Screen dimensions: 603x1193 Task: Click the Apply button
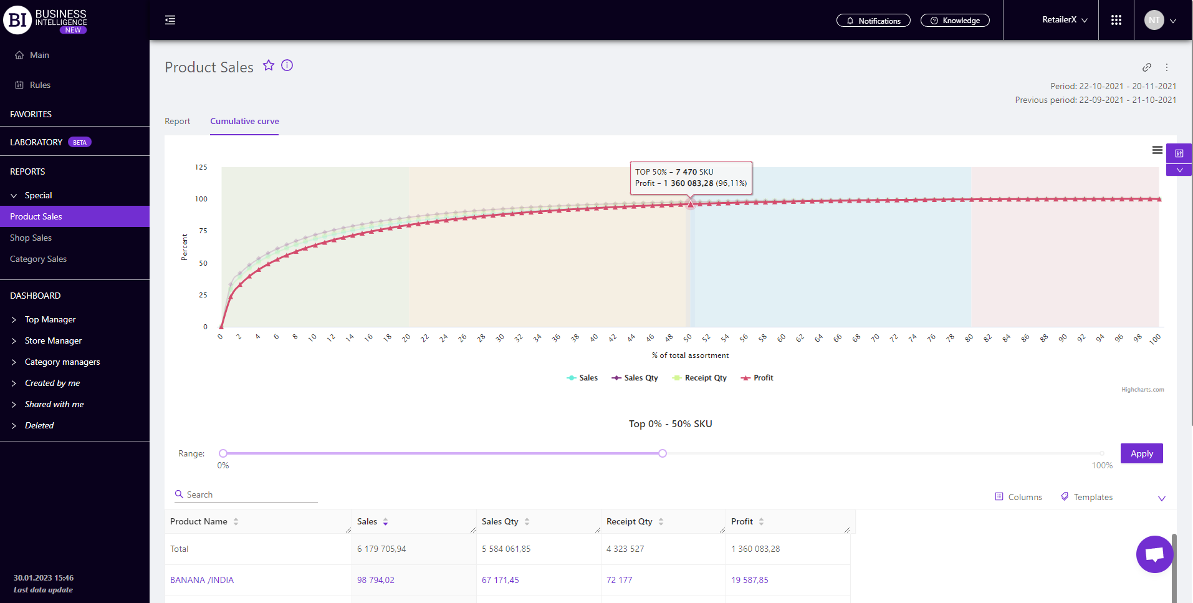[x=1141, y=453]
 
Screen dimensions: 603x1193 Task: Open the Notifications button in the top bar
[x=873, y=21]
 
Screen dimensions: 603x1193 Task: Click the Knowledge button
[x=955, y=21]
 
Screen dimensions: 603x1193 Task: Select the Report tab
[x=177, y=121]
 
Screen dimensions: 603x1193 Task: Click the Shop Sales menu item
[x=31, y=238]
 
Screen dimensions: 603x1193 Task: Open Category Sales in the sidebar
[x=38, y=259]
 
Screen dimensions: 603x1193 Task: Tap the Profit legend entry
[x=757, y=378]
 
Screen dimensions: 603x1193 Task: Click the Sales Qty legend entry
[x=635, y=378]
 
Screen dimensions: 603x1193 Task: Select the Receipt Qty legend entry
[x=700, y=378]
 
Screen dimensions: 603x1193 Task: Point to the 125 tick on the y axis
[x=201, y=167]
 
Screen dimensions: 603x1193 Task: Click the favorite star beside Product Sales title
[x=269, y=65]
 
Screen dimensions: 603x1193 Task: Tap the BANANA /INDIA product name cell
[x=202, y=580]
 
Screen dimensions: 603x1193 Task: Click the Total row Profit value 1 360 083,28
[x=755, y=549]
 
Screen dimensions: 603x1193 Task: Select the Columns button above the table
[x=1018, y=497]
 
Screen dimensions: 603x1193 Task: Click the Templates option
[x=1087, y=497]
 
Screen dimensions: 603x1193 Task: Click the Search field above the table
[x=249, y=494]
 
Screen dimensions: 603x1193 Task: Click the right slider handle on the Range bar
[x=663, y=453]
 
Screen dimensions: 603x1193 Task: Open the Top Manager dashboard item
[x=50, y=319]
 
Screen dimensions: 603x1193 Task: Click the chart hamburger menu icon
[x=1157, y=150]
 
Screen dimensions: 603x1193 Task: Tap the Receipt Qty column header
[x=630, y=521]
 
